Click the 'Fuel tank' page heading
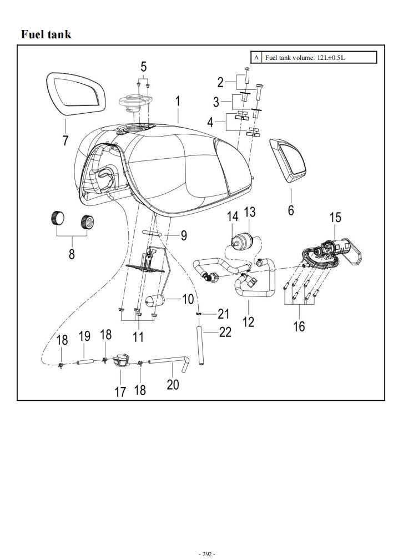click(46, 34)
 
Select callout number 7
click(66, 140)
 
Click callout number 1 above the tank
click(178, 101)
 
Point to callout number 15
click(336, 218)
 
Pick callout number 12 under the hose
click(248, 321)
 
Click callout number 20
click(173, 384)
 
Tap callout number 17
click(120, 392)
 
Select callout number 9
click(183, 235)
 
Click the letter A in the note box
click(256, 58)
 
